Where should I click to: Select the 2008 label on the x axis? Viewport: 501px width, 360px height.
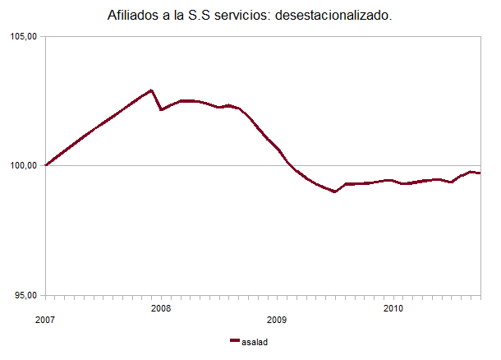click(162, 308)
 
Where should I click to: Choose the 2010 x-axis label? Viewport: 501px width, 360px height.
click(393, 308)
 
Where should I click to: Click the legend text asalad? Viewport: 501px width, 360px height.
click(255, 341)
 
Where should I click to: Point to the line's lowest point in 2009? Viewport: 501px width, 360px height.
click(335, 192)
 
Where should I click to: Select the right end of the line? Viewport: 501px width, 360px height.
click(480, 173)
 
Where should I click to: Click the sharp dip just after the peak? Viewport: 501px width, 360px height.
click(161, 109)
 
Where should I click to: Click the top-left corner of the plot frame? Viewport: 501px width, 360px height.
click(46, 37)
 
